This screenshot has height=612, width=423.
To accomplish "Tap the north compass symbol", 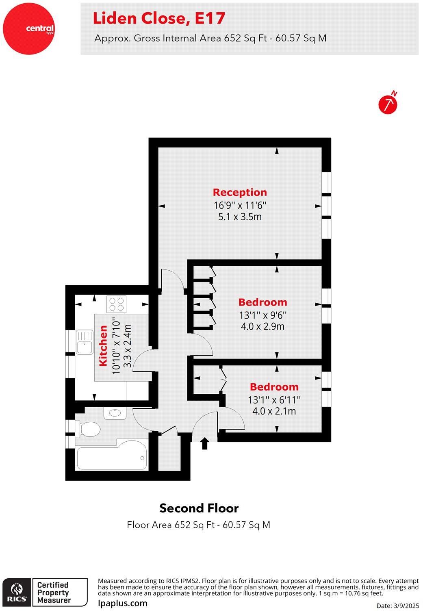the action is pyautogui.click(x=388, y=104).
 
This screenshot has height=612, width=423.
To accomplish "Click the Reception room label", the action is pyautogui.click(x=240, y=192).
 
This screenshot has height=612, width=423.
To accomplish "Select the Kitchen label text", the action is pyautogui.click(x=104, y=345).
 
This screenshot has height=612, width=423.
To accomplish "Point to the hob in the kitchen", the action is pyautogui.click(x=117, y=304).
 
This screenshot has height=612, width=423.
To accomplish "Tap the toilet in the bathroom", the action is pyautogui.click(x=89, y=429).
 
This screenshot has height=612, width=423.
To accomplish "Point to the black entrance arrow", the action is pyautogui.click(x=204, y=443).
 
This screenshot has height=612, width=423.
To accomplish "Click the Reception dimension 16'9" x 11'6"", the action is pyautogui.click(x=240, y=205).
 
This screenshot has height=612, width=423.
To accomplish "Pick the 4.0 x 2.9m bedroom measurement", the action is pyautogui.click(x=262, y=326).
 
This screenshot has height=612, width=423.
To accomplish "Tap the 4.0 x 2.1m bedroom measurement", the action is pyautogui.click(x=274, y=411).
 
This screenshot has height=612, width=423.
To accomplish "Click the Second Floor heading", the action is pyautogui.click(x=199, y=508).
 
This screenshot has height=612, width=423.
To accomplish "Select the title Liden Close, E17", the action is pyautogui.click(x=159, y=18).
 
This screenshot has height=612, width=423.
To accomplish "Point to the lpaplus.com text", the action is pyautogui.click(x=123, y=603).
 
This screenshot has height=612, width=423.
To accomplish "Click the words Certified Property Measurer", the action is pyautogui.click(x=54, y=592).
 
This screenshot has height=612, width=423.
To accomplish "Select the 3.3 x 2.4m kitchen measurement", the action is pyautogui.click(x=127, y=345).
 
